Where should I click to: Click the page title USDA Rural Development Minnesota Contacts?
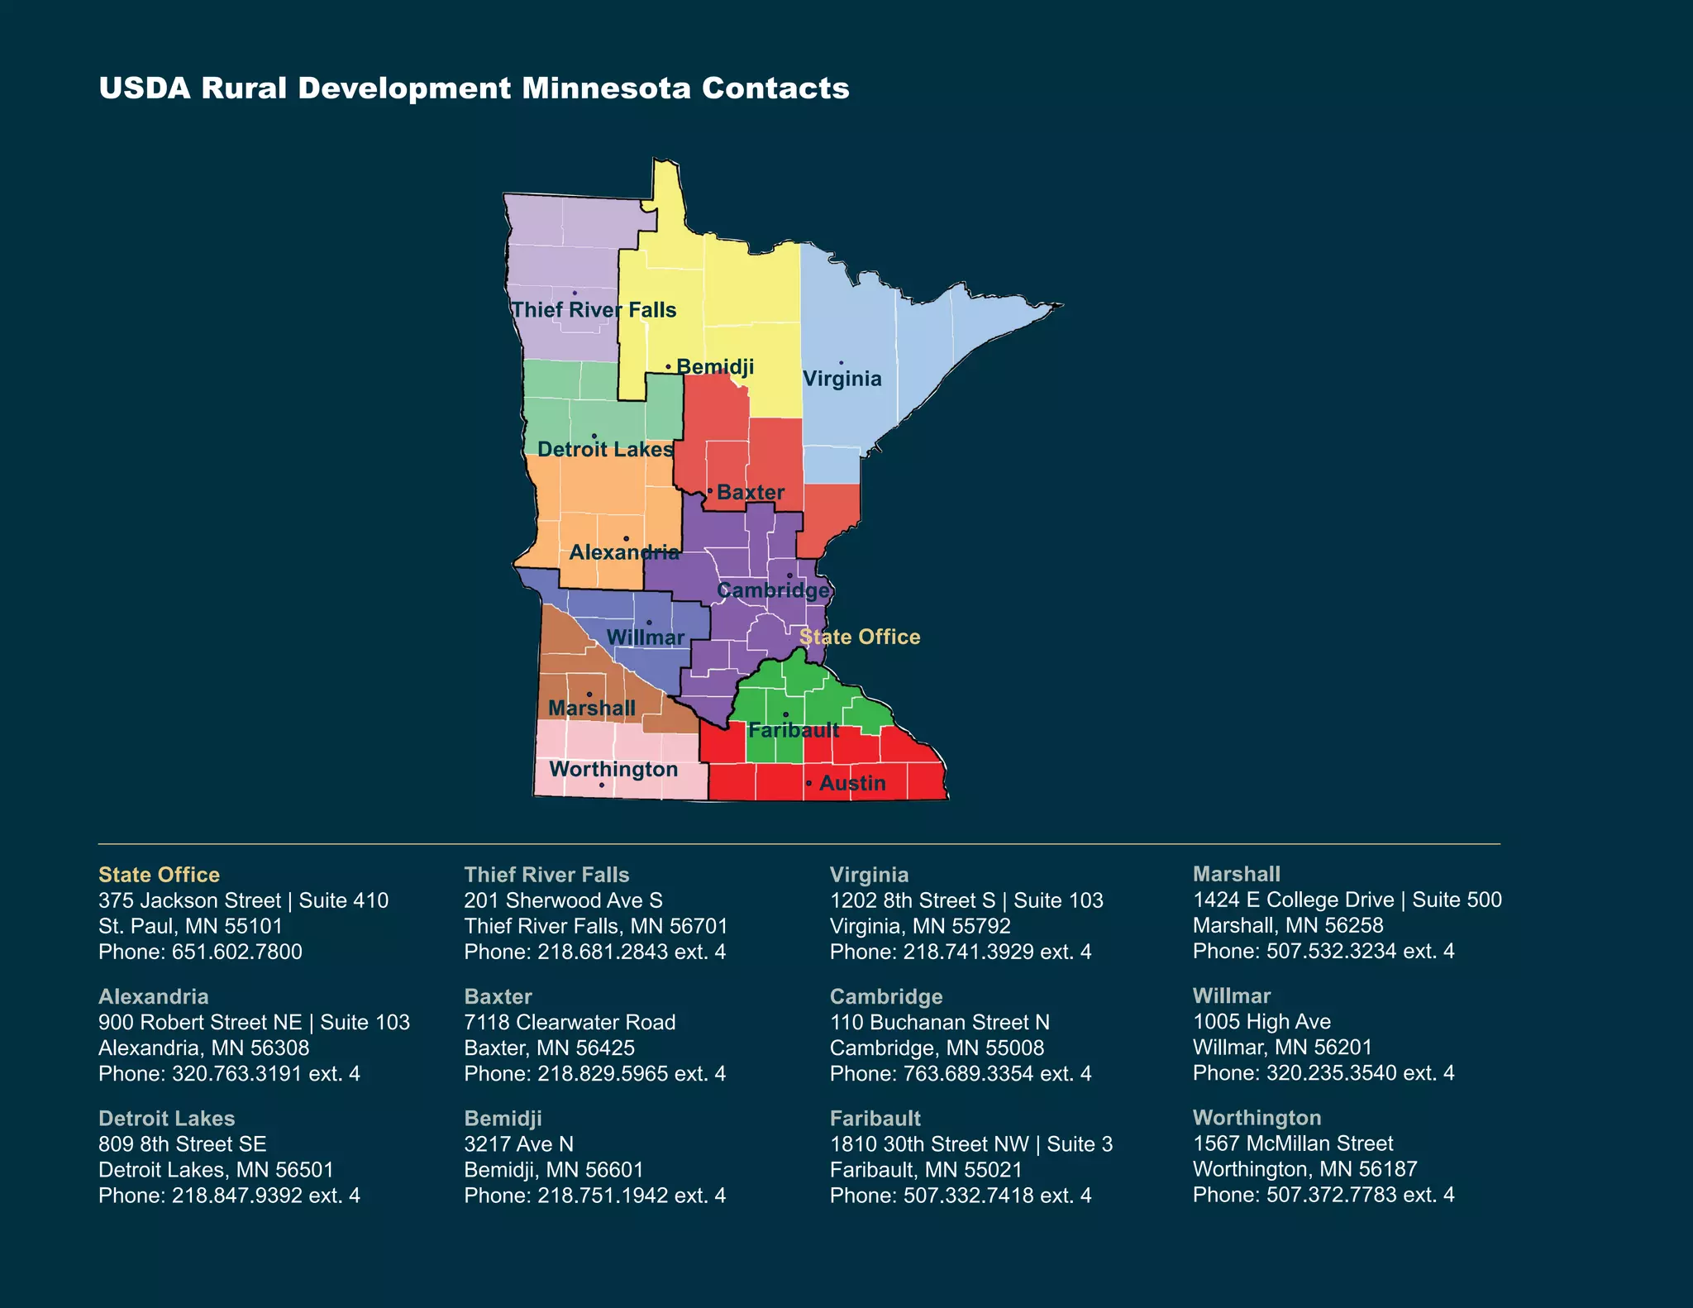click(474, 88)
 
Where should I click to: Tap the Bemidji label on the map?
click(715, 366)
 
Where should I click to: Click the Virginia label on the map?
click(842, 379)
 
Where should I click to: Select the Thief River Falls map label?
click(594, 310)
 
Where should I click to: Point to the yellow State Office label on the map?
click(860, 637)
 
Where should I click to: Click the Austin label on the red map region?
click(852, 783)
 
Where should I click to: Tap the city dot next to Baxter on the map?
click(709, 491)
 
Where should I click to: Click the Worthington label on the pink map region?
click(613, 769)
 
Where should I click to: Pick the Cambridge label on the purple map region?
click(773, 590)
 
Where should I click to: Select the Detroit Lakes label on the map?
click(605, 450)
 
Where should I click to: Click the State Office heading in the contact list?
click(159, 875)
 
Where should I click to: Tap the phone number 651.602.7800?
click(236, 952)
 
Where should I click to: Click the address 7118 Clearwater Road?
click(570, 1022)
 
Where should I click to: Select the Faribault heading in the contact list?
click(875, 1119)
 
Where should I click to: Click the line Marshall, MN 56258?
click(1287, 925)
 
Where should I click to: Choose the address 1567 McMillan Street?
click(1292, 1143)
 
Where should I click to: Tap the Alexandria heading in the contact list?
click(153, 996)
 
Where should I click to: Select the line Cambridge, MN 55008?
click(937, 1048)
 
